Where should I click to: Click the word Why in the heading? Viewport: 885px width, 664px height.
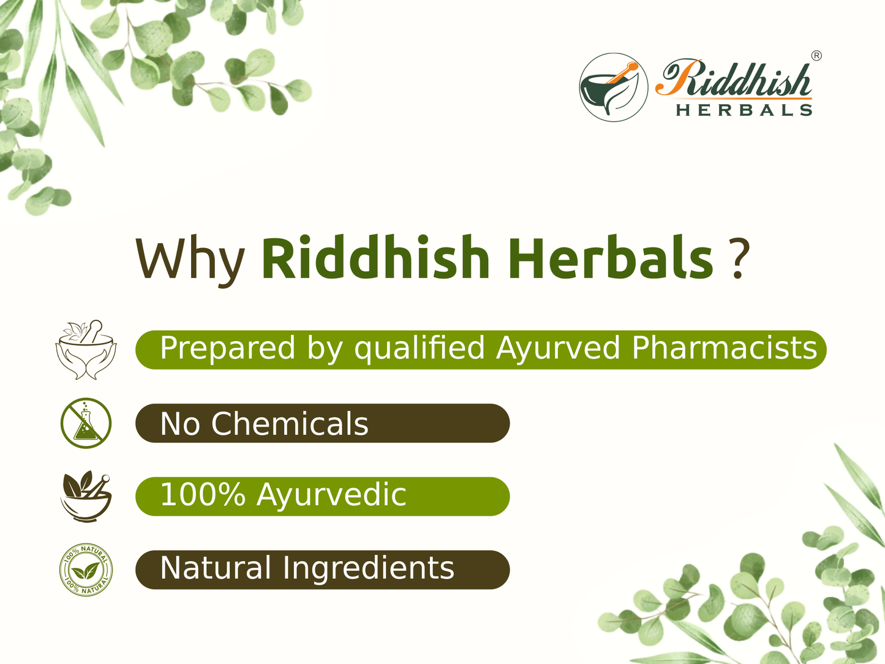tap(189, 258)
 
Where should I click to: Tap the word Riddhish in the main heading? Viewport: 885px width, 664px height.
tap(375, 258)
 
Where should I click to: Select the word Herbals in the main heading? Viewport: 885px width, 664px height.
tap(610, 258)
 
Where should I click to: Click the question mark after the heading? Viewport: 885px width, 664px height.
tap(740, 258)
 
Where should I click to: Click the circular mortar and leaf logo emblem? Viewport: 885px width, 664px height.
tap(613, 87)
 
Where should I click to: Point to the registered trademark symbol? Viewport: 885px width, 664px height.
tap(816, 56)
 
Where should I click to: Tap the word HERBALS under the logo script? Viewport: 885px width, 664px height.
tap(744, 110)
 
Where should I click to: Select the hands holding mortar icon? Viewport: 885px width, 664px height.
tap(86, 350)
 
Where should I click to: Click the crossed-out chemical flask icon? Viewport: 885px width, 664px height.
tap(86, 423)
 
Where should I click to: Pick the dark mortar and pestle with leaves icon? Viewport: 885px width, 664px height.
tap(86, 496)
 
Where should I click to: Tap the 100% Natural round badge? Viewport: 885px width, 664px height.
tap(86, 570)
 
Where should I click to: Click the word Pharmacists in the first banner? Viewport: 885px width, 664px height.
tap(724, 348)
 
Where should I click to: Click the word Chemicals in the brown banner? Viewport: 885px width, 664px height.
tap(290, 424)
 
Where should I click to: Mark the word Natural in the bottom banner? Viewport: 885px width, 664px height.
tap(216, 568)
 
